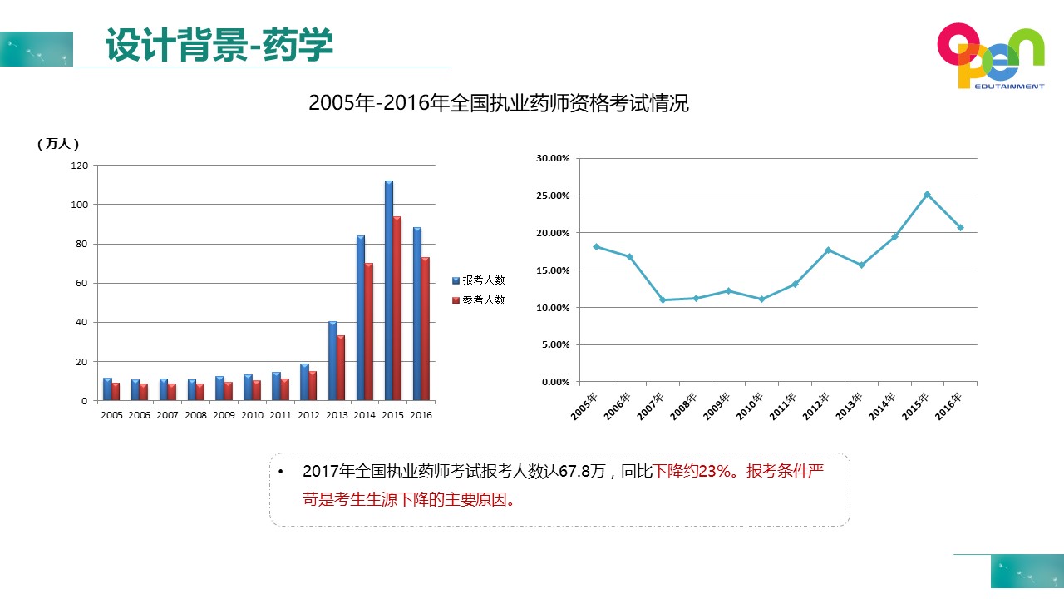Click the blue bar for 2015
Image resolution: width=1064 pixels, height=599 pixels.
click(389, 291)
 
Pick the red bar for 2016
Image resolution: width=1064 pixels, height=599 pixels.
click(426, 329)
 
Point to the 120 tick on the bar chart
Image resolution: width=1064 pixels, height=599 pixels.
click(79, 166)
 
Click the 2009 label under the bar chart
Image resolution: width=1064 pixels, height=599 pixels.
click(224, 415)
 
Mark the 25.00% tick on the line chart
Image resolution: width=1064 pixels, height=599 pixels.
click(553, 196)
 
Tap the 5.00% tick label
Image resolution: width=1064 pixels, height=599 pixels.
click(555, 344)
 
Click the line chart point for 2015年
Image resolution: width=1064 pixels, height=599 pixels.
click(927, 195)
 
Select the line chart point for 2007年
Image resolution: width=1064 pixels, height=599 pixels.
click(663, 299)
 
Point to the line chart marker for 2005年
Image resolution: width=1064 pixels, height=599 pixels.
click(596, 246)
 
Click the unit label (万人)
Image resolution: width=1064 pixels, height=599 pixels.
click(58, 144)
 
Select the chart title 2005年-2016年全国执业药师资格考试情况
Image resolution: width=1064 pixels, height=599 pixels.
click(499, 104)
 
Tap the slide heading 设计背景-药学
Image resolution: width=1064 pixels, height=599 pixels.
click(219, 45)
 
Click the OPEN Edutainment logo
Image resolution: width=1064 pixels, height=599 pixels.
click(990, 56)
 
